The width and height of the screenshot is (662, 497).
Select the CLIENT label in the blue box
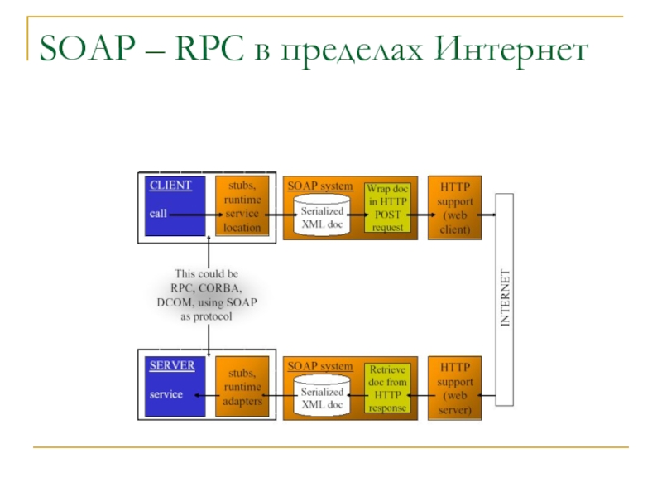click(x=170, y=186)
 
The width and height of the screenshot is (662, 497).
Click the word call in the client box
click(x=158, y=214)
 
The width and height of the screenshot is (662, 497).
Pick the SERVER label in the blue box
click(x=172, y=365)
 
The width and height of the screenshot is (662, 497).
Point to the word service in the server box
click(x=166, y=394)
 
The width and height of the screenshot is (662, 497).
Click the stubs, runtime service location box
click(x=242, y=206)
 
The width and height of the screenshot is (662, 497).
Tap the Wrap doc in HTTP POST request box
click(x=387, y=208)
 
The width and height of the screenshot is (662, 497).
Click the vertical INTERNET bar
click(x=505, y=298)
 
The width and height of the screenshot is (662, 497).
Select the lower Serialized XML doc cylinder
click(x=322, y=396)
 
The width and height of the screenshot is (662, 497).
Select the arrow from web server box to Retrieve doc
click(x=420, y=395)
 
